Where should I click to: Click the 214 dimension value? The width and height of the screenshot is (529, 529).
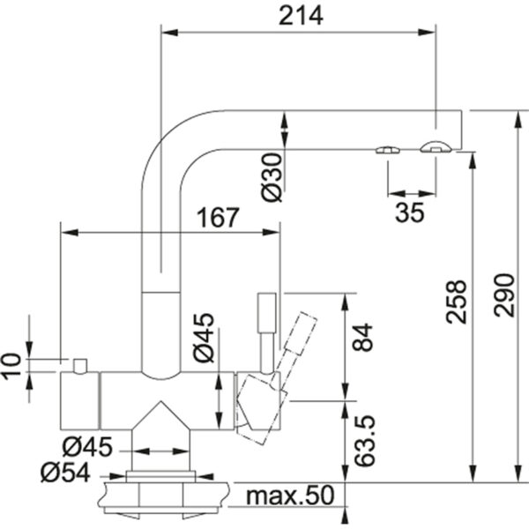pyautogui.click(x=301, y=16)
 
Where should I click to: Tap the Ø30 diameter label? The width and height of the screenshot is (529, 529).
pyautogui.click(x=272, y=177)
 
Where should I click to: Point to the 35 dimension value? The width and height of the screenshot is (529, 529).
pyautogui.click(x=410, y=212)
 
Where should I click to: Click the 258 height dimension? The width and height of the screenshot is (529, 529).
pyautogui.click(x=456, y=302)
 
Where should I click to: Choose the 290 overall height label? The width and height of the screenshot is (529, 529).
pyautogui.click(x=504, y=295)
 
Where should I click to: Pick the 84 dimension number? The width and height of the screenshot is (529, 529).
pyautogui.click(x=362, y=338)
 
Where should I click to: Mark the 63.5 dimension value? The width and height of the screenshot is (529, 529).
pyautogui.click(x=365, y=441)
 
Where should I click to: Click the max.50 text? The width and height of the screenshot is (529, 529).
pyautogui.click(x=290, y=495)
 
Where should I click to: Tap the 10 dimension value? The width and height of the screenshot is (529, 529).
pyautogui.click(x=11, y=367)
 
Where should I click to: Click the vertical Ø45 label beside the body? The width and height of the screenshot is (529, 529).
pyautogui.click(x=204, y=338)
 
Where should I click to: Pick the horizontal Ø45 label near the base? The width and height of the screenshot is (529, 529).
pyautogui.click(x=87, y=447)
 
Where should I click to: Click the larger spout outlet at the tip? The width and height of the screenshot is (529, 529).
pyautogui.click(x=436, y=146)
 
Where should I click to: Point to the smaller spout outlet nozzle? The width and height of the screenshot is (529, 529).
pyautogui.click(x=388, y=150)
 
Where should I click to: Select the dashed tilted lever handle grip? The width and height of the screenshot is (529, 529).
pyautogui.click(x=301, y=333)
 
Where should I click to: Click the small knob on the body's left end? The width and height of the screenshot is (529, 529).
pyautogui.click(x=80, y=367)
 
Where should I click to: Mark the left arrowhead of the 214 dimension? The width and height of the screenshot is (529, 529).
pyautogui.click(x=169, y=33)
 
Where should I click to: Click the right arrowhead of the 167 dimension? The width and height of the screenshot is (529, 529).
pyautogui.click(x=271, y=232)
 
